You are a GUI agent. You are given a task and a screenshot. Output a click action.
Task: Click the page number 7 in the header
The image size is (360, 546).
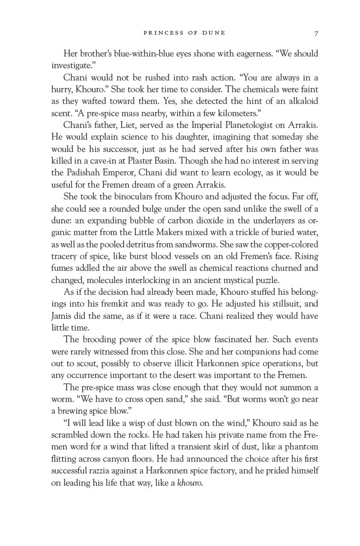tap(316, 33)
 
